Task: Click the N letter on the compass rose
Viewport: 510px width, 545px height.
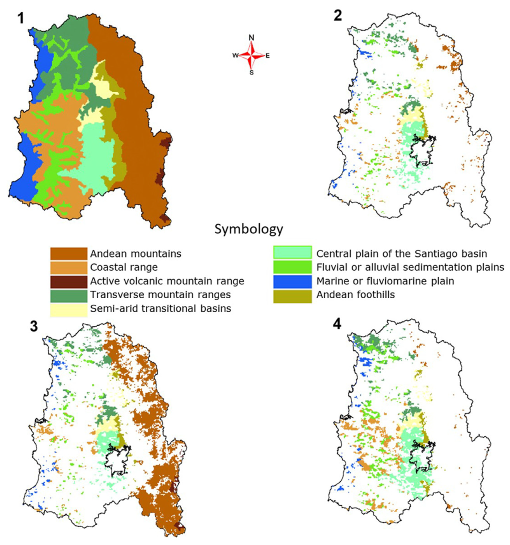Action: click(251, 38)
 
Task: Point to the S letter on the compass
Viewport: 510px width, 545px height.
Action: click(251, 73)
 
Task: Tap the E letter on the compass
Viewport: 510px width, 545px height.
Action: click(268, 56)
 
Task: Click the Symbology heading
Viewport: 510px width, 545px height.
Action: click(248, 229)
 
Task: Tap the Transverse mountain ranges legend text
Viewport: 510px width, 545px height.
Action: click(160, 295)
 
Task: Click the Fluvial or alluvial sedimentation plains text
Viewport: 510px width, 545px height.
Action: click(410, 267)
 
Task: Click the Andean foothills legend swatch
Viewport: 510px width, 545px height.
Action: click(292, 295)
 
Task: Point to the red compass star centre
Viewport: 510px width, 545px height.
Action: click(251, 56)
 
